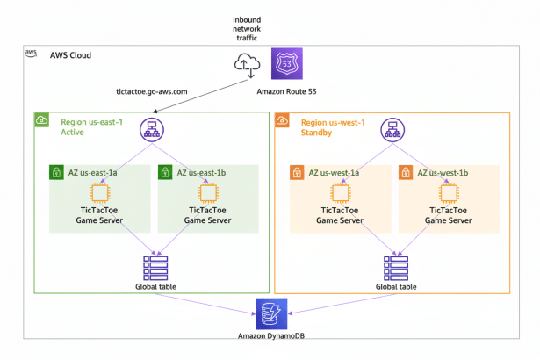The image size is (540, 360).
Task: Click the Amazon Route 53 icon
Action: [285, 62]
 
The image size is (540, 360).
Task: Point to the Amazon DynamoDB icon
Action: [270, 312]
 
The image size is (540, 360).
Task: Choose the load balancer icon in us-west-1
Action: [392, 132]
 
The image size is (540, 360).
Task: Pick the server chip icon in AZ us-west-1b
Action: [449, 192]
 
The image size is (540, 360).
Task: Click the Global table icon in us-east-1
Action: [154, 264]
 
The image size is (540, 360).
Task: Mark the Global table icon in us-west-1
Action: [395, 264]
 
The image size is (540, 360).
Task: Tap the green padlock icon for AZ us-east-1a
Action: [56, 172]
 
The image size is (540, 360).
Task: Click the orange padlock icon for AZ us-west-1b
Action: [407, 172]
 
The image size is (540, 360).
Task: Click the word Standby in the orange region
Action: [319, 134]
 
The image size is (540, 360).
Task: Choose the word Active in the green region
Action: [73, 134]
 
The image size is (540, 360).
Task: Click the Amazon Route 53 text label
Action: [285, 90]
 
